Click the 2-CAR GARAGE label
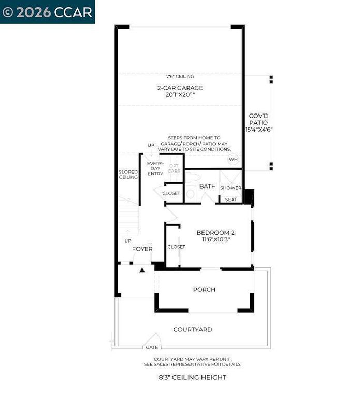pyautogui.click(x=180, y=88)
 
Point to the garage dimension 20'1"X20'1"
pyautogui.click(x=180, y=95)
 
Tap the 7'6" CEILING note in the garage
pyautogui.click(x=180, y=76)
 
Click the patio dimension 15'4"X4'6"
pyautogui.click(x=259, y=130)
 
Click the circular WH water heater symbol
pyautogui.click(x=233, y=159)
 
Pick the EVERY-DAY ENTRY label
pyautogui.click(x=155, y=168)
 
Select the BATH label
pyautogui.click(x=207, y=186)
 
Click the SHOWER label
pyautogui.click(x=231, y=188)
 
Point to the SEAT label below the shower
pyautogui.click(x=231, y=200)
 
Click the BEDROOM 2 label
pyautogui.click(x=215, y=233)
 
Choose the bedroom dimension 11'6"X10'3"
pyautogui.click(x=215, y=240)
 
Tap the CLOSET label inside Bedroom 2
pyautogui.click(x=176, y=247)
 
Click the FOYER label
pyautogui.click(x=142, y=249)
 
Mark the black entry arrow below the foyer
pyautogui.click(x=142, y=270)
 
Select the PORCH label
pyautogui.click(x=204, y=290)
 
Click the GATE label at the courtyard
pyautogui.click(x=152, y=347)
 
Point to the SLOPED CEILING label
pyautogui.click(x=128, y=174)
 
